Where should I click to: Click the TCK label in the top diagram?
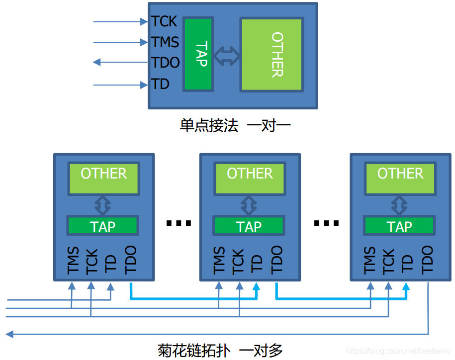click(164, 21)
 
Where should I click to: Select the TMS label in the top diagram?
click(165, 42)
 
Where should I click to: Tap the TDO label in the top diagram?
click(166, 63)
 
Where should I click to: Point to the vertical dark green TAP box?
click(198, 54)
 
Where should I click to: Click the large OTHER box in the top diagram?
click(272, 55)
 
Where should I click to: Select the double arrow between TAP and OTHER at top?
click(227, 56)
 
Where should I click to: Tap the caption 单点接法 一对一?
click(235, 125)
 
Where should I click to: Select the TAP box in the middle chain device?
click(249, 226)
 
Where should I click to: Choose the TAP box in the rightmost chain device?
click(399, 226)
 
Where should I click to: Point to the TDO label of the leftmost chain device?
click(131, 260)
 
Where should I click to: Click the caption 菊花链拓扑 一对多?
click(220, 350)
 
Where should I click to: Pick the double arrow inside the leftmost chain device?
click(103, 204)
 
